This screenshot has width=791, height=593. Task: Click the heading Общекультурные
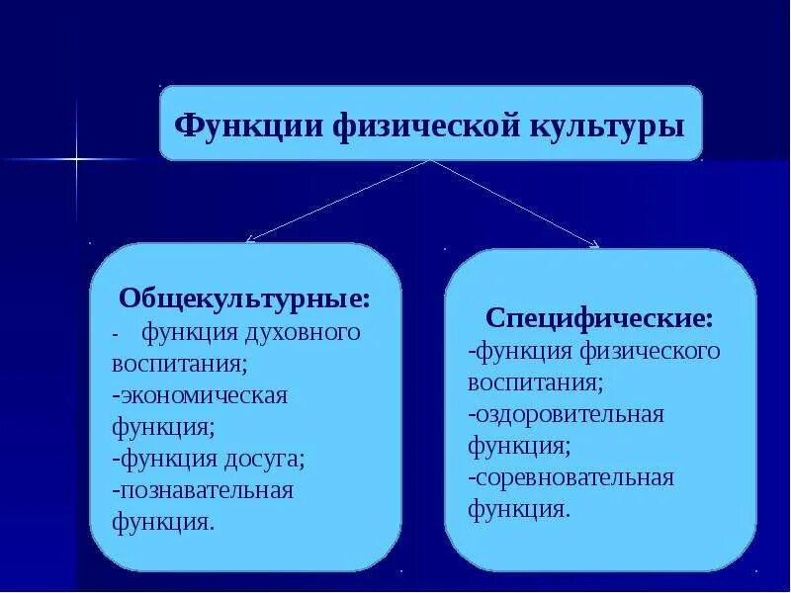click(245, 298)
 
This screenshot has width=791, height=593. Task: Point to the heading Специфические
click(599, 319)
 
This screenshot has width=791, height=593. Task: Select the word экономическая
click(202, 395)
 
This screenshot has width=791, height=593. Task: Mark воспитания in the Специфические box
click(535, 382)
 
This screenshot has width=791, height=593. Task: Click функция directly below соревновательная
click(519, 510)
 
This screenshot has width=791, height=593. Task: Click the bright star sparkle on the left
click(76, 158)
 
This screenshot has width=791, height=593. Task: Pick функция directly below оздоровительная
click(519, 446)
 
